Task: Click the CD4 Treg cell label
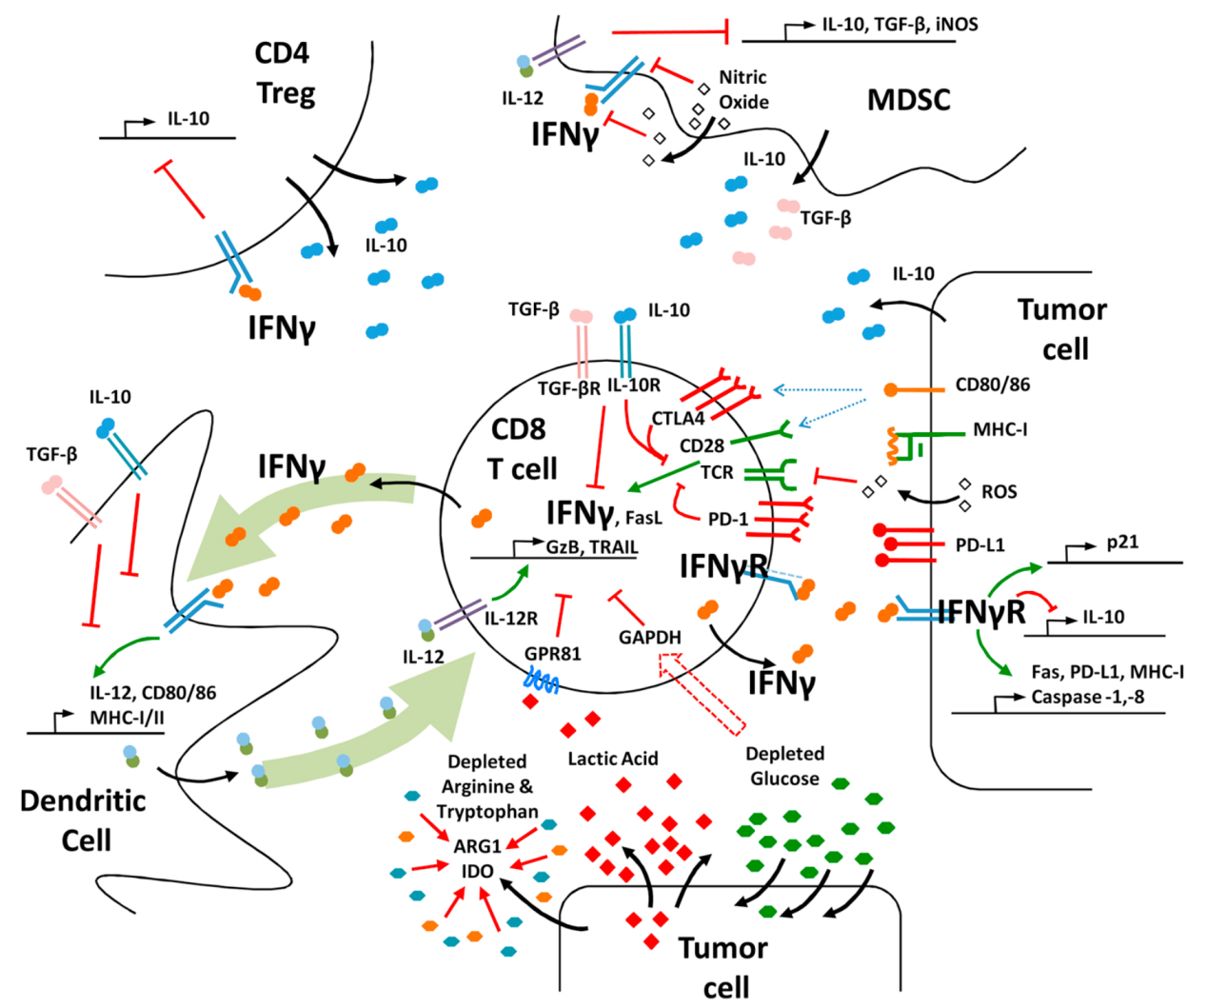tap(284, 73)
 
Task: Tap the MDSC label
tap(908, 99)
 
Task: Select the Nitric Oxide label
tap(743, 89)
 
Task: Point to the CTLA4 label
tap(678, 418)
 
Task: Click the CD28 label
tap(702, 445)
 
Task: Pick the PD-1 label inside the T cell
tap(728, 519)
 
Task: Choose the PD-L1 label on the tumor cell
tap(979, 545)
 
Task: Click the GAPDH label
tap(649, 637)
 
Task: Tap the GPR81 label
tap(552, 654)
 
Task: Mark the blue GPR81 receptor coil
tap(544, 680)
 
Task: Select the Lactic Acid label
tap(612, 759)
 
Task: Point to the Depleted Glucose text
tap(784, 766)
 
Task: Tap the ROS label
tap(999, 492)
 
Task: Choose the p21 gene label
tap(1122, 543)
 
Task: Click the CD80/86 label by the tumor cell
tap(992, 385)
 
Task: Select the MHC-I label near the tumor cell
tap(999, 430)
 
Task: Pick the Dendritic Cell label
tap(84, 820)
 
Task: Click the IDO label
tap(478, 871)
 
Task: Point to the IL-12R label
tap(511, 619)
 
